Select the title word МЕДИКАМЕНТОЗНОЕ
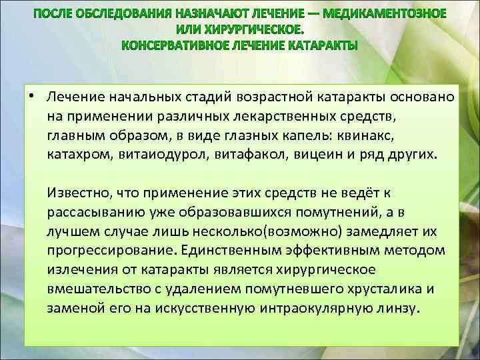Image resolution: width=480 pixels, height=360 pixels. point(394,14)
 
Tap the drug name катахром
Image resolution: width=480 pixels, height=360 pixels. point(77,155)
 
